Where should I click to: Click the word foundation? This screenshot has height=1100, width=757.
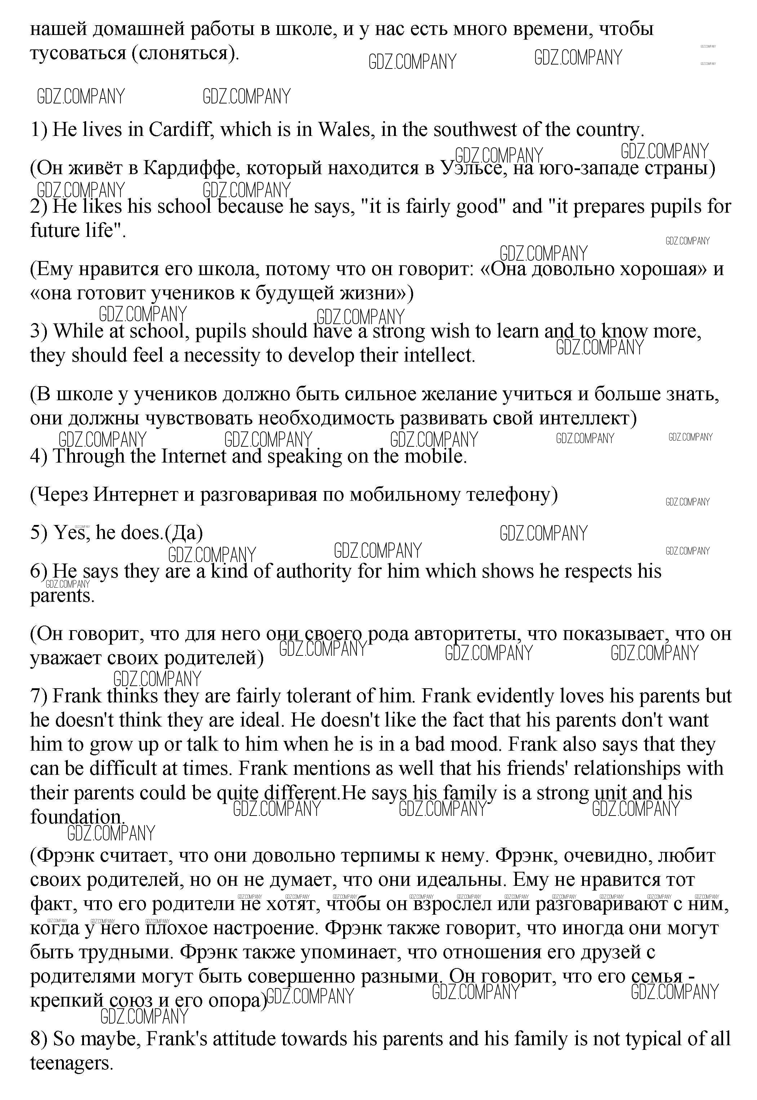77,817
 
